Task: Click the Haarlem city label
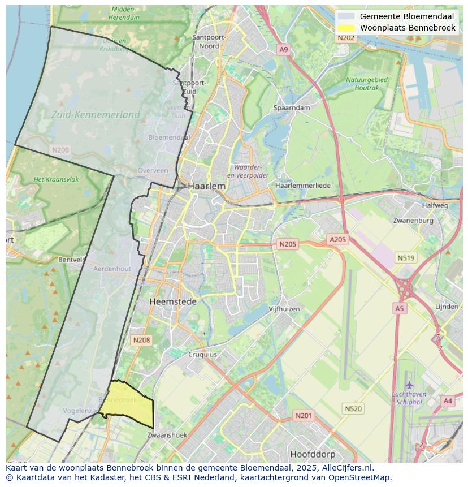[206, 186]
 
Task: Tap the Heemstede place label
[173, 302]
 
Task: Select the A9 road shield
[283, 50]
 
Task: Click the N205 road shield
[287, 244]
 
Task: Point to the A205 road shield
[337, 240]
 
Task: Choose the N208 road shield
[141, 340]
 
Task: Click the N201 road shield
[304, 416]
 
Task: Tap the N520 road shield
[353, 408]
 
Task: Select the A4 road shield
[448, 401]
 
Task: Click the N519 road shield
[406, 258]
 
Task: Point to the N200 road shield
[60, 150]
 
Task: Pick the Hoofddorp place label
[312, 454]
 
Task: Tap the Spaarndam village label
[292, 107]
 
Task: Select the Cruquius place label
[202, 355]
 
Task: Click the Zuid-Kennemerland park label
[96, 115]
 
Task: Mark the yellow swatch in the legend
[345, 28]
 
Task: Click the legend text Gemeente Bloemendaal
[406, 16]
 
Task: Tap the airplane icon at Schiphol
[409, 385]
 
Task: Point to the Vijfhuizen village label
[284, 309]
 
